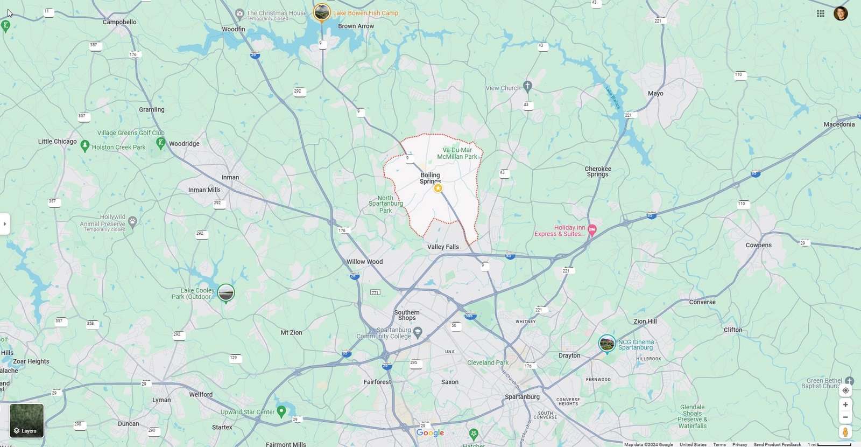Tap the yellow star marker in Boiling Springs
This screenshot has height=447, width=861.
pos(438,188)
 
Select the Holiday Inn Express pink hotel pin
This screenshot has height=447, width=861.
pos(592,229)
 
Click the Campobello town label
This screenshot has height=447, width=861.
pos(119,22)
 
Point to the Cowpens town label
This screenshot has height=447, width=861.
pos(758,245)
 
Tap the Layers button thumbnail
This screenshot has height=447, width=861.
pos(26,421)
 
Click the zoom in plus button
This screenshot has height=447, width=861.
pos(845,404)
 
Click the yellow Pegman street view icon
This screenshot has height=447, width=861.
pos(845,432)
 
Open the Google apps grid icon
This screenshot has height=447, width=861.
pos(821,13)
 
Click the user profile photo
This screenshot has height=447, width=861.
pos(841,13)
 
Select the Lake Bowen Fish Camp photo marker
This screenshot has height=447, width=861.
pos(322,12)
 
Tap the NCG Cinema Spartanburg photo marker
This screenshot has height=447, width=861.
pos(607,343)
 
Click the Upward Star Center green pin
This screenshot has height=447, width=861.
pos(281,411)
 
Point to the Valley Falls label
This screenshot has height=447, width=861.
pos(443,247)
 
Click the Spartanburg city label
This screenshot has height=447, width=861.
pos(522,397)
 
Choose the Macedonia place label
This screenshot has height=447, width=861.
pos(839,124)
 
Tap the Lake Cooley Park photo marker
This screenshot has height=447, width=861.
pos(226,293)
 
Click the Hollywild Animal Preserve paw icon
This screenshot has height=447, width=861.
pos(132,221)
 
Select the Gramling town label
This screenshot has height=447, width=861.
pos(152,109)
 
